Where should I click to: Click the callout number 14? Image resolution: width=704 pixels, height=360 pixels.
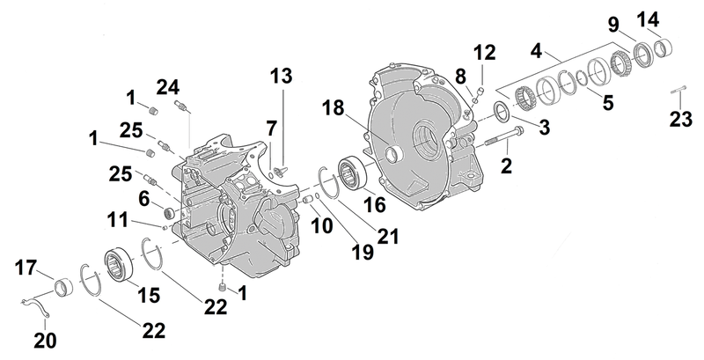648,19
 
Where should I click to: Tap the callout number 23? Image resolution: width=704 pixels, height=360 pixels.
681,120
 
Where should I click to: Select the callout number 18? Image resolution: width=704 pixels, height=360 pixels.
333,108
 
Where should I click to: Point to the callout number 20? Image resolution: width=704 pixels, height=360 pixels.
46,341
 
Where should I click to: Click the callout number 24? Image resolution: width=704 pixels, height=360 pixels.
168,87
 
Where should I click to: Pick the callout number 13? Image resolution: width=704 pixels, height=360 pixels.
281,76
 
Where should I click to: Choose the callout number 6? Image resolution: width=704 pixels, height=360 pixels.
143,199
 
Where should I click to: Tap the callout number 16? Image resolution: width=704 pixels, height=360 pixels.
375,205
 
